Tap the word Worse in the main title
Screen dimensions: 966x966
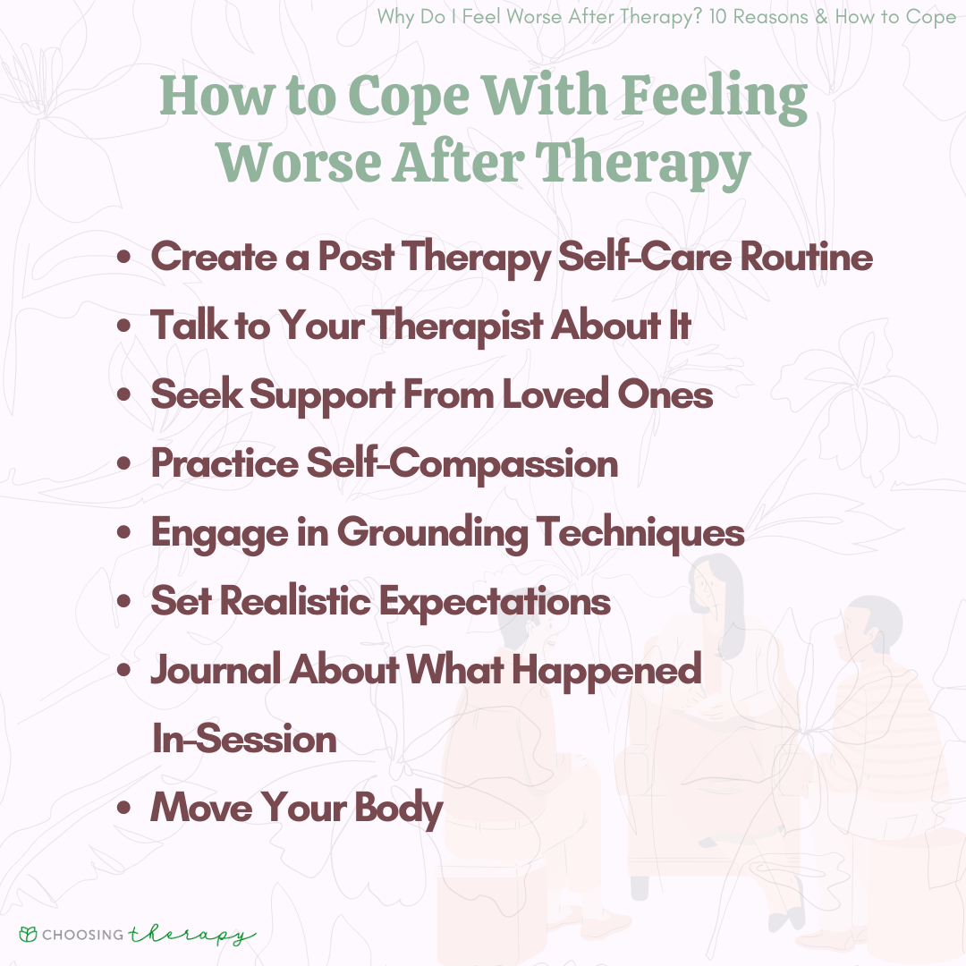click(x=299, y=162)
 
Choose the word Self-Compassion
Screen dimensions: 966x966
click(x=462, y=463)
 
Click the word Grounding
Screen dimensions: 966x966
click(x=432, y=533)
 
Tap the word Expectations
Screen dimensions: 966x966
click(x=495, y=602)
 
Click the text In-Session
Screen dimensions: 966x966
click(x=244, y=739)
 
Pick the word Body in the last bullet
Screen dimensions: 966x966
click(x=399, y=809)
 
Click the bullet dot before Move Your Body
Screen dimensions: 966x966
click(x=123, y=808)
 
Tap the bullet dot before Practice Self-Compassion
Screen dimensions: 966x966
click(x=123, y=463)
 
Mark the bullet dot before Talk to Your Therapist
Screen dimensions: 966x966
click(x=123, y=326)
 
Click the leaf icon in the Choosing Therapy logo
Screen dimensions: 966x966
click(x=28, y=934)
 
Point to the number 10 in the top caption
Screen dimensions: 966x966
click(x=717, y=17)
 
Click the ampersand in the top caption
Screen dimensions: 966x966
click(x=821, y=17)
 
